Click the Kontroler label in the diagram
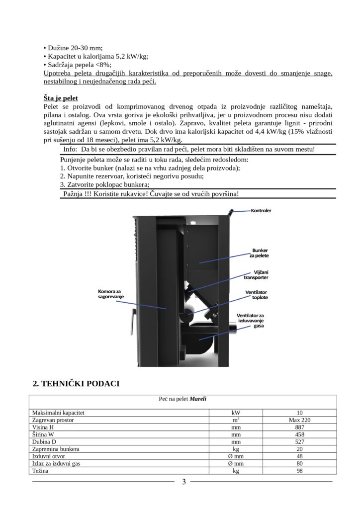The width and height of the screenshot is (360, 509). tap(261, 210)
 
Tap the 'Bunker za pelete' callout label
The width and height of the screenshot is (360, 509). tap(260, 252)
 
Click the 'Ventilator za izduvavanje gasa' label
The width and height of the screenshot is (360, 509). tap(250, 320)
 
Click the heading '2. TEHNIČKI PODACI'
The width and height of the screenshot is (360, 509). tap(76, 384)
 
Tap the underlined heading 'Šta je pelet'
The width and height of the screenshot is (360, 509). tap(61, 98)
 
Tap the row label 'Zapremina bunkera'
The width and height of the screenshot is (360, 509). tap(55, 449)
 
